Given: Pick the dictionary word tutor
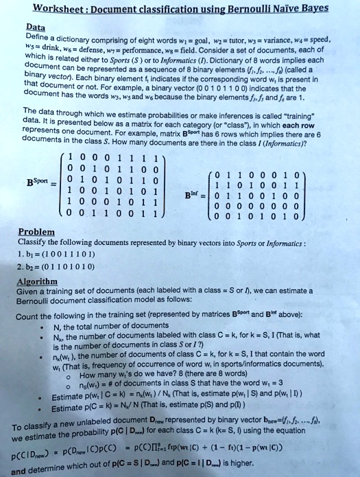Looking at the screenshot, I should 226,40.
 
